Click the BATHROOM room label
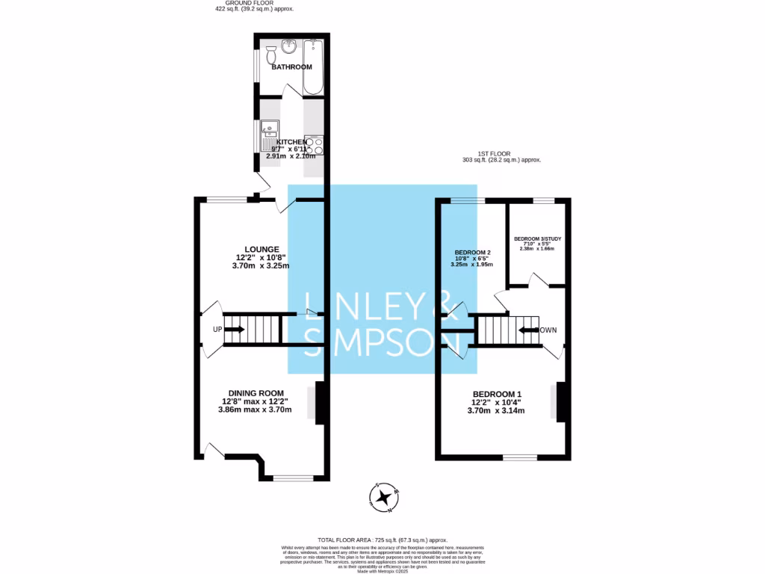coord(291,67)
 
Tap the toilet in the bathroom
coord(272,55)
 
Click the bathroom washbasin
coord(289,46)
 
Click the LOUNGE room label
coord(261,249)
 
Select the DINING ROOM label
coord(256,393)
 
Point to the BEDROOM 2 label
coord(472,253)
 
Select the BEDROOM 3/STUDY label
coord(537,239)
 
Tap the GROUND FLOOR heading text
coord(254,3)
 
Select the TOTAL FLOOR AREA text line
coord(382,540)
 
